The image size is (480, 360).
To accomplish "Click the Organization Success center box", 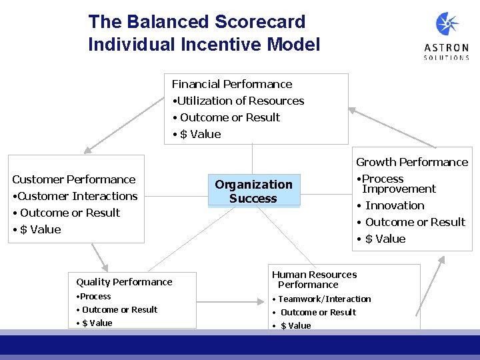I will click(x=253, y=191).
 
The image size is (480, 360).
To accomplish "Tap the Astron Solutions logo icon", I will click(x=447, y=25).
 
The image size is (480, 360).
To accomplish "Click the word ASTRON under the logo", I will click(x=447, y=48).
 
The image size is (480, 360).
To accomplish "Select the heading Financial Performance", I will click(x=232, y=84).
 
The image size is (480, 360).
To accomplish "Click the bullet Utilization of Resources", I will click(x=240, y=101).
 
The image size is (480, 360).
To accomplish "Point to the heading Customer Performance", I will click(x=73, y=179).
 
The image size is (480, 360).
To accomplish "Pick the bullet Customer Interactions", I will click(x=77, y=196).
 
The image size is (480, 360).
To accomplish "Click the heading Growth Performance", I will click(x=412, y=162).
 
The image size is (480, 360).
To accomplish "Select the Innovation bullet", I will click(x=395, y=205).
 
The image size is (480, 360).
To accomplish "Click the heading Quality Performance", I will click(x=124, y=282).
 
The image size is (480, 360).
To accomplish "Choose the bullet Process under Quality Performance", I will click(x=95, y=297).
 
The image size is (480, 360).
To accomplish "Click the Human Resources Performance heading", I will click(x=314, y=279).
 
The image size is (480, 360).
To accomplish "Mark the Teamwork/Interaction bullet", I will click(x=324, y=299).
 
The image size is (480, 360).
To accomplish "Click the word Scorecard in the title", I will click(x=260, y=22).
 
